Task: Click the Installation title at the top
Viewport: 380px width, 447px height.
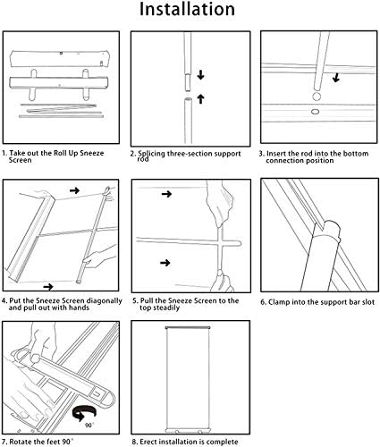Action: [187, 9]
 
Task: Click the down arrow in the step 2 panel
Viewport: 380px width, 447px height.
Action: [200, 74]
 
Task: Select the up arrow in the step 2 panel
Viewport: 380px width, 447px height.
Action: [200, 98]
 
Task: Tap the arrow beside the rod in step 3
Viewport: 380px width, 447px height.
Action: [336, 78]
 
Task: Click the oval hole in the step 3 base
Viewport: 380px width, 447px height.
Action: [315, 112]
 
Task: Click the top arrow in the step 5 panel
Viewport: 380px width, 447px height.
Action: [166, 194]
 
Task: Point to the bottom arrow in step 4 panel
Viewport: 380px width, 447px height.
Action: [48, 287]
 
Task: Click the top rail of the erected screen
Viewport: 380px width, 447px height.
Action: [188, 328]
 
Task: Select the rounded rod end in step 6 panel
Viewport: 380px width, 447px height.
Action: [332, 229]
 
